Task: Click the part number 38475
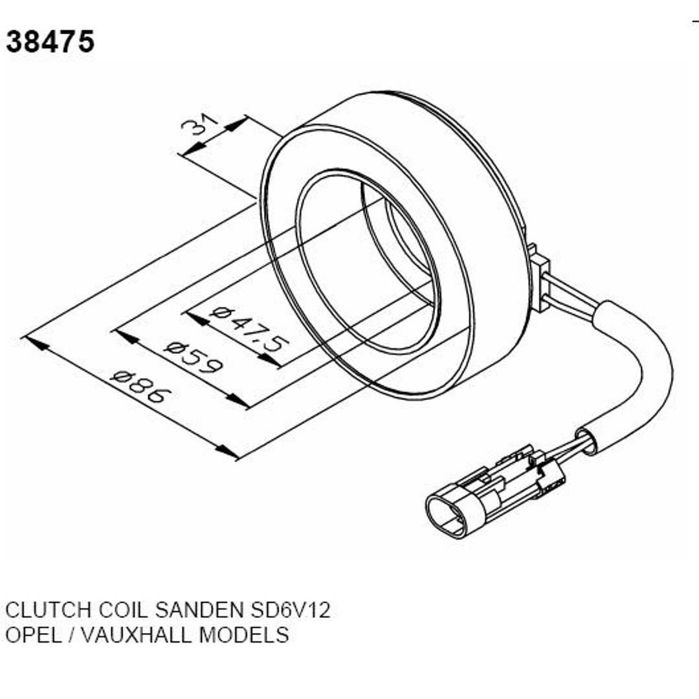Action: pyautogui.click(x=50, y=41)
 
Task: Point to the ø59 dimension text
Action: pyautogui.click(x=193, y=357)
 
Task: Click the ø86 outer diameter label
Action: pyautogui.click(x=141, y=386)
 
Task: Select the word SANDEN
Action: pyautogui.click(x=200, y=610)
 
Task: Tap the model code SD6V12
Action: pyautogui.click(x=290, y=610)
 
